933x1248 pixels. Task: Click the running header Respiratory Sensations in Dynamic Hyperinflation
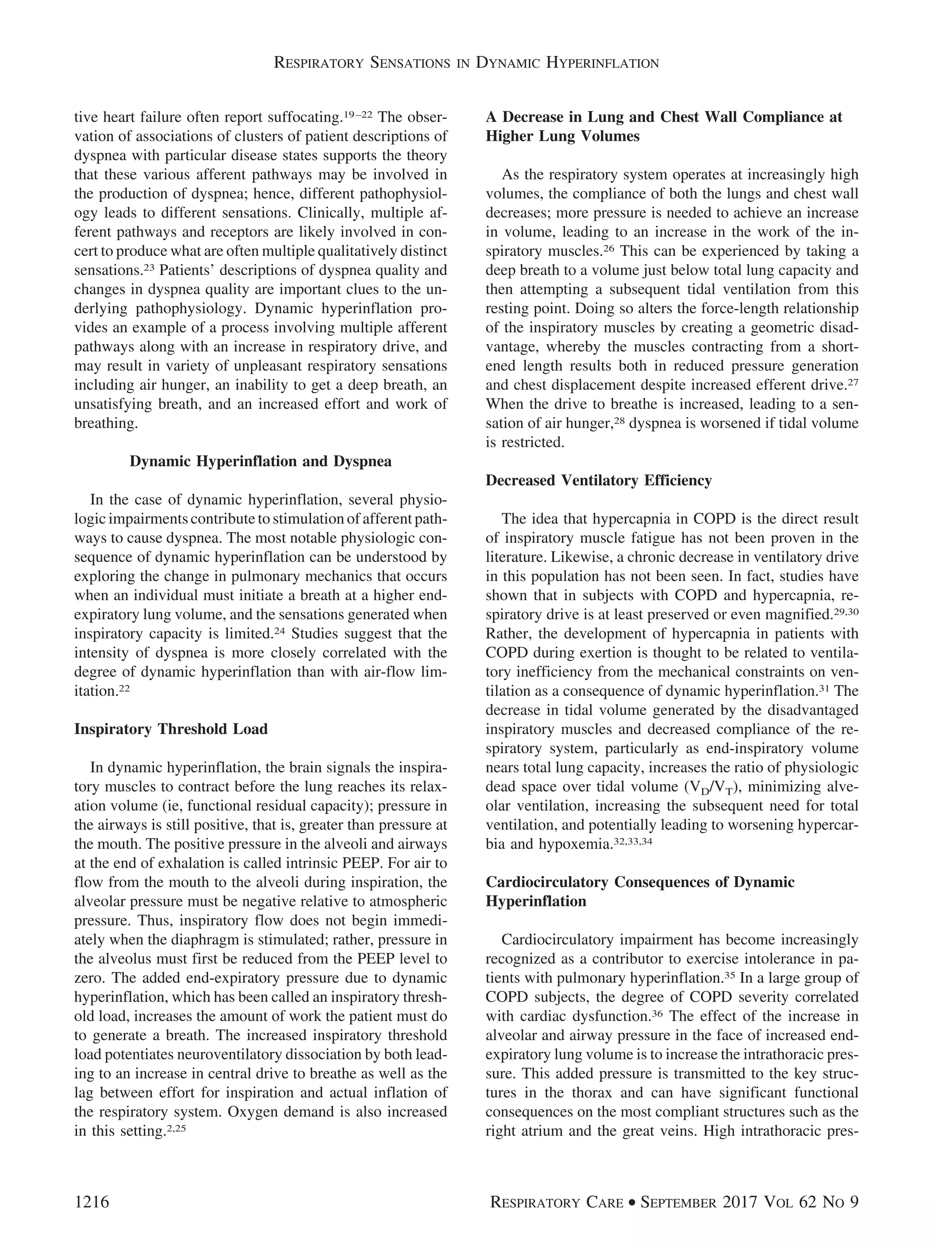(466, 63)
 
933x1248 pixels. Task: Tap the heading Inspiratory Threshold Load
(170, 729)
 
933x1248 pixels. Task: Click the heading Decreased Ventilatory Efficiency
(598, 481)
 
